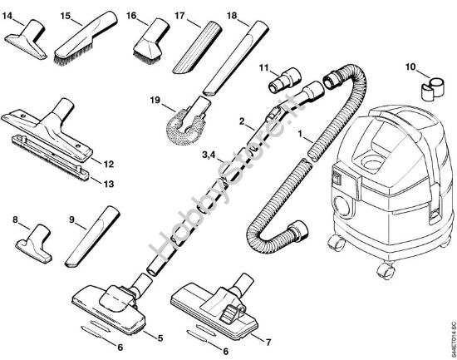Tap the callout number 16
pyautogui.click(x=132, y=15)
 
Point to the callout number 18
pyautogui.click(x=232, y=15)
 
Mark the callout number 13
pyautogui.click(x=107, y=178)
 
